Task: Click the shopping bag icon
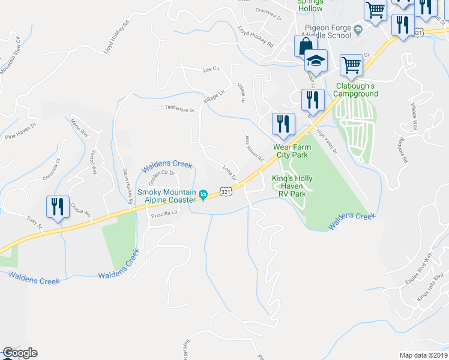pos(305,46)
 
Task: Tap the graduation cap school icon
pos(315,61)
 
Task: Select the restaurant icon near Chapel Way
pos(58,207)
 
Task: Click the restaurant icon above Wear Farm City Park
pos(282,124)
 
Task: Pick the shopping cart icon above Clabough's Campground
pos(351,64)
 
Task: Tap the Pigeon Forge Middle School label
pos(328,32)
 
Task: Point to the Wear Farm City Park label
pos(291,151)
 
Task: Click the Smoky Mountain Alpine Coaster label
pos(167,196)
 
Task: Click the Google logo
pos(20,353)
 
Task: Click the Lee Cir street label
pos(211,70)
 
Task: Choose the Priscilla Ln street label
pos(165,213)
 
